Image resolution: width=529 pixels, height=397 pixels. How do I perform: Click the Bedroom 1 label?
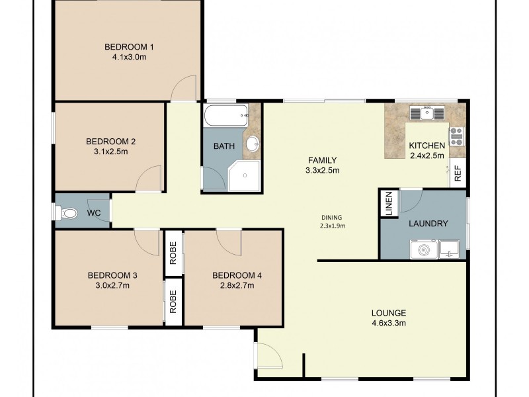129,46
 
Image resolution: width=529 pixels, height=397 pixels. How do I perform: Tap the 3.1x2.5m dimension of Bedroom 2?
110,152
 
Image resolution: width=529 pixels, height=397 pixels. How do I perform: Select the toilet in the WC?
67,213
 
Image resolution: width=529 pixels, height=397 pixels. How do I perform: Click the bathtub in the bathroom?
226,116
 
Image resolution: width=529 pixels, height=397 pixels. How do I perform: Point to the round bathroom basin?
253,144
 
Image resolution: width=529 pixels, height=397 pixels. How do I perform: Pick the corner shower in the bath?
245,175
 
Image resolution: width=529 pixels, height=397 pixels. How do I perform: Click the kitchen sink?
427,112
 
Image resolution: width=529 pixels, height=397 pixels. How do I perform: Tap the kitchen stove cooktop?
456,136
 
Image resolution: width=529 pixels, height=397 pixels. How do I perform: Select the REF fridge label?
458,174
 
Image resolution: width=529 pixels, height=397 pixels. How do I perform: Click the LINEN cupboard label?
389,204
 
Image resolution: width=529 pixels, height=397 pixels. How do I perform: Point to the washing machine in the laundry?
424,249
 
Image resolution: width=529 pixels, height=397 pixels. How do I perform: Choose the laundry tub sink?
449,249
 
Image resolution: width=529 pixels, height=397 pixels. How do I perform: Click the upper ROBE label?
173,253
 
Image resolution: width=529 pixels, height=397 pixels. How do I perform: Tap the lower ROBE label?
173,302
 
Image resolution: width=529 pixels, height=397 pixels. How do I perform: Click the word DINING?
332,218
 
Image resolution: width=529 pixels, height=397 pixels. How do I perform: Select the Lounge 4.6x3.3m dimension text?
389,323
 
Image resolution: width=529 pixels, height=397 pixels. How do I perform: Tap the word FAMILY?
323,160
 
